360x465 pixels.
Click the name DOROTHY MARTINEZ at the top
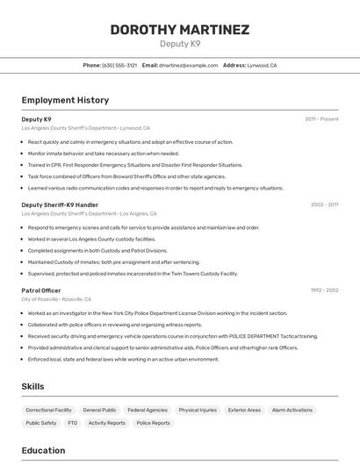pos(179,30)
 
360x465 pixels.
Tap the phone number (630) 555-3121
pos(119,66)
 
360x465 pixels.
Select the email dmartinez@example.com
pos(188,66)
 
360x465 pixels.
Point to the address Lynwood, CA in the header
pos(262,66)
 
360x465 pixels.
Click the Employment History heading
pos(65,101)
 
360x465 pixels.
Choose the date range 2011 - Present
pos(321,119)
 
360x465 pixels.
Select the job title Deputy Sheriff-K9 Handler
pos(60,204)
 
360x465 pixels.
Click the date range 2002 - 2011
pos(324,204)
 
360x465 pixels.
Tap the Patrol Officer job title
pos(41,290)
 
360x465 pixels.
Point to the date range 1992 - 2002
pos(324,290)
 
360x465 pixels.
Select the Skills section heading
pos(33,386)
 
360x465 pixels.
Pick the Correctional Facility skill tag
pos(48,410)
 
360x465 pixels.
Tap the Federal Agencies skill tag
pos(147,410)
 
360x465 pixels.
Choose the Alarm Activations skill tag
pos(292,410)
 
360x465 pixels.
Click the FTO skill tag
pos(72,423)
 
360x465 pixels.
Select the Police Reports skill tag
pos(154,423)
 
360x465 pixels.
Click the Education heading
pos(43,451)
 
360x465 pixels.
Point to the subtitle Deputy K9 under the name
pos(179,44)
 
